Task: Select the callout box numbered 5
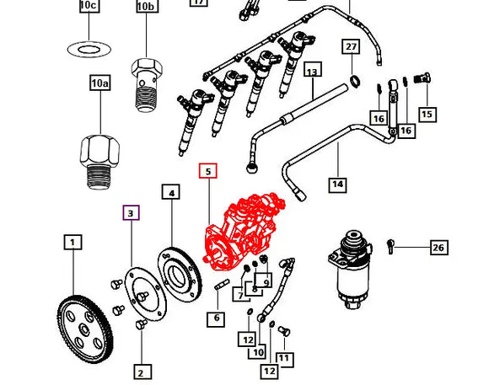[x=208, y=171]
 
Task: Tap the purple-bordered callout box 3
[x=131, y=213]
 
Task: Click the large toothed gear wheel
[x=84, y=329]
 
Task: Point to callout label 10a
[x=100, y=83]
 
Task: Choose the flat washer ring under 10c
[x=89, y=49]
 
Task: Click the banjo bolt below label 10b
[x=146, y=85]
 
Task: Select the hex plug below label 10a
[x=99, y=162]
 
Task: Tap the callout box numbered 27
[x=351, y=46]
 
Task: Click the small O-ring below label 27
[x=356, y=81]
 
